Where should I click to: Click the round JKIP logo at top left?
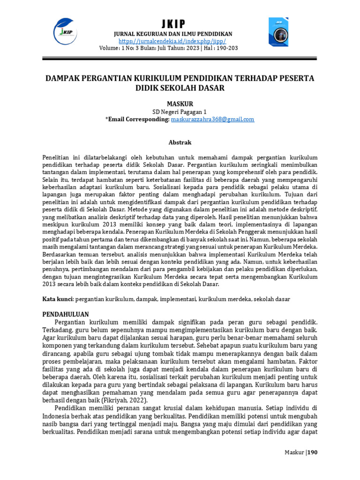(x=65, y=30)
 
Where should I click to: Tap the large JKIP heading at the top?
(x=173, y=24)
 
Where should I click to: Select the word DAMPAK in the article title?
(x=62, y=77)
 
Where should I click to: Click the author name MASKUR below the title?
(x=180, y=103)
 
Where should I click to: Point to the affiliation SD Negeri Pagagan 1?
(x=180, y=112)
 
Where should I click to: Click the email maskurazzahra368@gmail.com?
(x=212, y=120)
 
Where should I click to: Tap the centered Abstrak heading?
(x=180, y=142)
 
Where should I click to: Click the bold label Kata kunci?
(x=58, y=299)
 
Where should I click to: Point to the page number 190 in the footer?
(x=313, y=452)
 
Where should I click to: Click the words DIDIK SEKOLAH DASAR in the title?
(x=180, y=88)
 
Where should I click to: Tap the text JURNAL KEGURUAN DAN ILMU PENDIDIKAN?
(x=173, y=34)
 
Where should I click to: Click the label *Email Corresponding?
(x=137, y=120)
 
